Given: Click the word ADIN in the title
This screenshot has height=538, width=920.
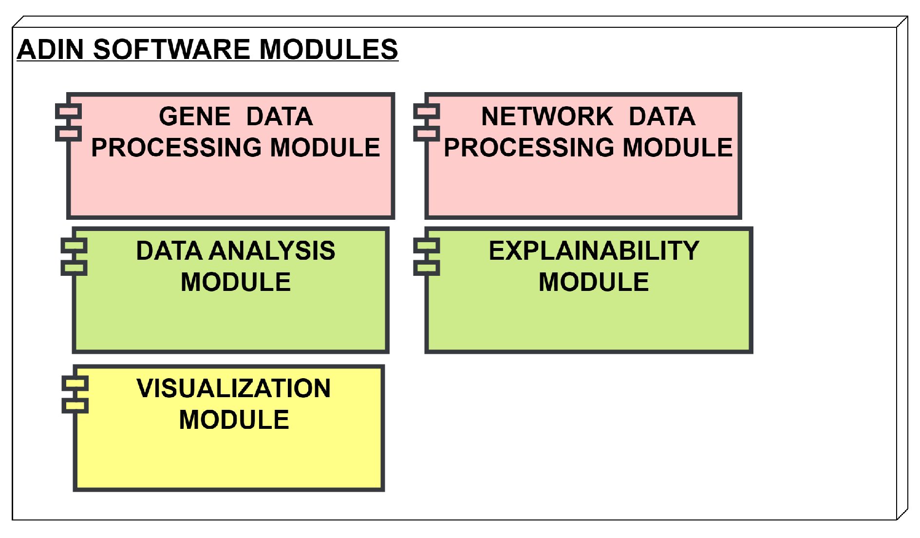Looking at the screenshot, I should tap(50, 50).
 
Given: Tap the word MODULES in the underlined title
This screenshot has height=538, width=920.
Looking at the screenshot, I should tap(329, 50).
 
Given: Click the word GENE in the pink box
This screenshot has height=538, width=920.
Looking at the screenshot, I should tap(195, 116).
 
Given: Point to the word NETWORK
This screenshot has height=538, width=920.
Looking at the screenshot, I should tap(547, 116).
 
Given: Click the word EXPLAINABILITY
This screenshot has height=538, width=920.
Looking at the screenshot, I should tap(594, 251).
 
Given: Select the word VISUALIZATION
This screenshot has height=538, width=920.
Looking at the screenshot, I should tap(234, 388).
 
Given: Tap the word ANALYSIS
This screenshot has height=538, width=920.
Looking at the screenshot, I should tap(272, 251).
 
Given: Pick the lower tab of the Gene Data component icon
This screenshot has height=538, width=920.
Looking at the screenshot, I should tap(68, 133).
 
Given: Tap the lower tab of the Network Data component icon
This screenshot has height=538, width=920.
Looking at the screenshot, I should tap(427, 133).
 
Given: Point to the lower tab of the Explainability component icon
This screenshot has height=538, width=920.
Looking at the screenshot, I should tap(427, 268).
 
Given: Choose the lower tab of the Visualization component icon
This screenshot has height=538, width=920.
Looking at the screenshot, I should tap(75, 405).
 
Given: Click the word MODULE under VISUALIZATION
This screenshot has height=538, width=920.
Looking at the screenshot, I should tap(234, 420).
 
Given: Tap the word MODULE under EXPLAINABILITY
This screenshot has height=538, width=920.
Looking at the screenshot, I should tap(594, 282).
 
